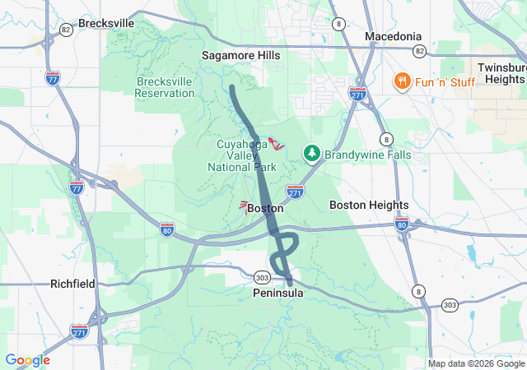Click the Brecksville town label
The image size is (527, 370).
click(x=107, y=23)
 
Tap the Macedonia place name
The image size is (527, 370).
click(x=393, y=36)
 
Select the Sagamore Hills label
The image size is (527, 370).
click(x=240, y=55)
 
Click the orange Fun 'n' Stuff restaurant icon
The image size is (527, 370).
click(x=402, y=81)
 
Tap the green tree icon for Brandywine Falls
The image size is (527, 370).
click(x=312, y=153)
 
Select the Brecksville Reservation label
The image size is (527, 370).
click(x=165, y=87)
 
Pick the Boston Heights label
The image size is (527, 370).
click(x=369, y=205)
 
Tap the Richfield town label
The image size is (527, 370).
click(x=72, y=284)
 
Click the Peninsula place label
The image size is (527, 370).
click(x=278, y=293)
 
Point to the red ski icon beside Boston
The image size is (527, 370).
click(x=244, y=206)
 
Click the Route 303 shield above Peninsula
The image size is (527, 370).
click(x=262, y=277)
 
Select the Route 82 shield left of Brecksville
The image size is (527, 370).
click(x=66, y=29)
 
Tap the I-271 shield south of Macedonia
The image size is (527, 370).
click(x=357, y=93)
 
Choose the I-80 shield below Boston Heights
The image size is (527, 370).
click(x=402, y=224)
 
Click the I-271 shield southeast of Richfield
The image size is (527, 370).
click(x=79, y=330)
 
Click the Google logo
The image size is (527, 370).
click(x=27, y=360)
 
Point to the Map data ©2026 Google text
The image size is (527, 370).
click(x=475, y=363)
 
